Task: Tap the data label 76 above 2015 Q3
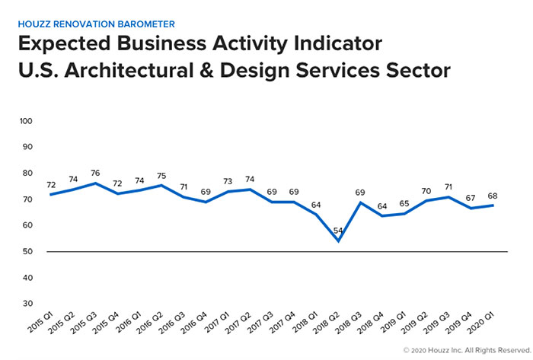94,173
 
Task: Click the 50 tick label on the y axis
27,252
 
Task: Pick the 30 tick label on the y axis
27,304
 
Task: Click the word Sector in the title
418,70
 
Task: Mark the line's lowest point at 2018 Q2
337,241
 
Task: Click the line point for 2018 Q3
358,202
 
